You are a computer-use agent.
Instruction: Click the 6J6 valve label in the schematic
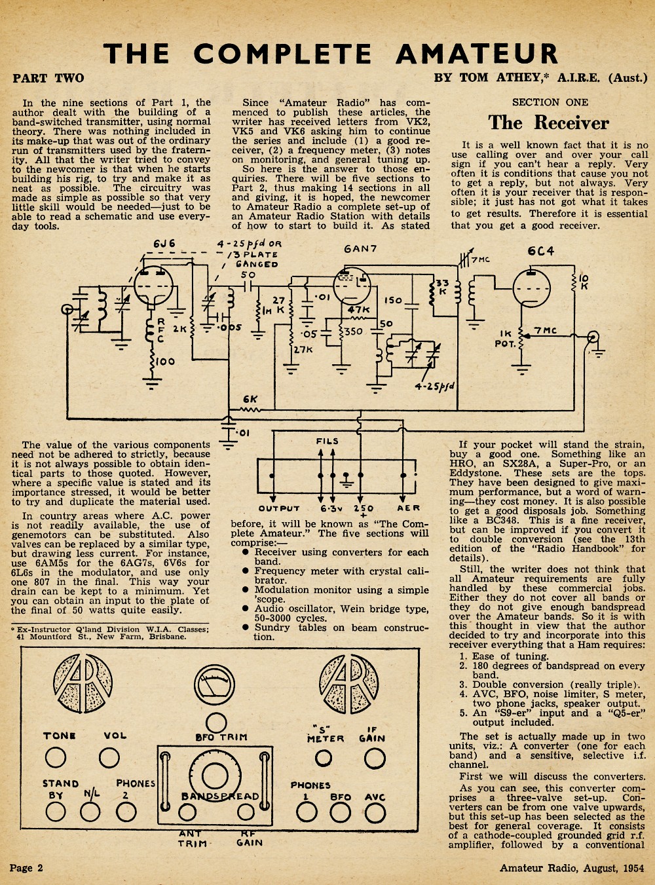pos(164,244)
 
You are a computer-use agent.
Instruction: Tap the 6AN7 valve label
pos(360,249)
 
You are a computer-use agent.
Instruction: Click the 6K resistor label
pos(250,399)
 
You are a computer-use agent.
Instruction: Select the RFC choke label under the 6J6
pos(160,330)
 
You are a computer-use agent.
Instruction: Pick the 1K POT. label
pos(505,339)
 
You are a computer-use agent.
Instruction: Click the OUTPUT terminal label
pos(279,508)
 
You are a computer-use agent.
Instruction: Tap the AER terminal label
pos(408,508)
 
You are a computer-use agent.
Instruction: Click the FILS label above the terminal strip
pos(327,441)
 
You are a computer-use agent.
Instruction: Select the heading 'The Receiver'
pos(549,122)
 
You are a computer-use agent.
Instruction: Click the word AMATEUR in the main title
pos(477,53)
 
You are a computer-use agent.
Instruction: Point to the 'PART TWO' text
pos(48,78)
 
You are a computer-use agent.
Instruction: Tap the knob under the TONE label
pos(56,757)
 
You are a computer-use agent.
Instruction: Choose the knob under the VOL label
pos(109,757)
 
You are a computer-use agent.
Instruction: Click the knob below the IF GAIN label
pos(375,759)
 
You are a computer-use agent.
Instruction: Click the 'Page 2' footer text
pos(26,867)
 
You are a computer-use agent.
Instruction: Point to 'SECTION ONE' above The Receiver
pos(550,102)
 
